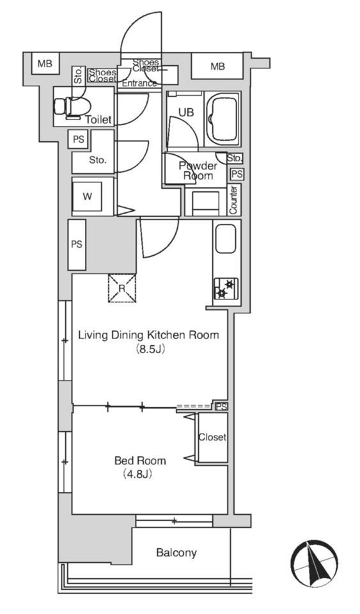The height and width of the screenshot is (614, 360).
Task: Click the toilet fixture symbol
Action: (x=72, y=107)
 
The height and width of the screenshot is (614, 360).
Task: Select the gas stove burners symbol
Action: (x=226, y=289)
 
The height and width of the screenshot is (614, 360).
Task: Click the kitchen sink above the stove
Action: (x=226, y=239)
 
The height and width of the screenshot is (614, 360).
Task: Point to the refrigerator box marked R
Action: (x=122, y=288)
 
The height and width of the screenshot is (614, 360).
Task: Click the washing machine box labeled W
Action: (x=87, y=196)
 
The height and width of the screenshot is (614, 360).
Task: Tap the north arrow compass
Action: (x=314, y=563)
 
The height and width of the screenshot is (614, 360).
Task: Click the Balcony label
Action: (x=176, y=553)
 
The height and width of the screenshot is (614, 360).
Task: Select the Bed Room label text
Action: (x=139, y=460)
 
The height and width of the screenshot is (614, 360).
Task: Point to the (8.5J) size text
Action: (x=149, y=349)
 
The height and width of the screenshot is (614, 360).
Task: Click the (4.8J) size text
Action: (x=137, y=474)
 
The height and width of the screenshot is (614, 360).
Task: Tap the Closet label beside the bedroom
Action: (x=212, y=437)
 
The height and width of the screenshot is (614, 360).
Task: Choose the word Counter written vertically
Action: (x=233, y=200)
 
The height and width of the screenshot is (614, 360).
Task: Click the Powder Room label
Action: (x=198, y=171)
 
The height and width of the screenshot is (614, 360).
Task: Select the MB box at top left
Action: (x=45, y=63)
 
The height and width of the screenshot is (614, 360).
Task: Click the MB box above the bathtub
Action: (x=217, y=66)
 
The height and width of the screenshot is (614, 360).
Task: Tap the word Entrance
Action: (x=139, y=83)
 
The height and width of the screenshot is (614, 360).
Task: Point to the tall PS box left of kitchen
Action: (x=77, y=245)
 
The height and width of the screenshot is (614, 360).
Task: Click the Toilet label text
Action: (x=98, y=120)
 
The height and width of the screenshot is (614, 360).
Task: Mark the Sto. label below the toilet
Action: (x=98, y=160)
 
